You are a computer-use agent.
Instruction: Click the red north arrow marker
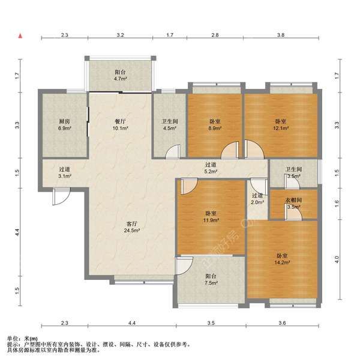click(x=20, y=36)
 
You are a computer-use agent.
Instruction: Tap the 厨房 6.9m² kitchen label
click(x=64, y=124)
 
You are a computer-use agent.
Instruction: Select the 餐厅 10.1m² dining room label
click(x=121, y=124)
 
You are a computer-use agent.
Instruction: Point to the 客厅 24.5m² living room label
click(x=131, y=227)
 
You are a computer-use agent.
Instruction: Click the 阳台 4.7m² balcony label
click(x=121, y=76)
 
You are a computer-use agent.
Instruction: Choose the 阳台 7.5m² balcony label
click(x=211, y=279)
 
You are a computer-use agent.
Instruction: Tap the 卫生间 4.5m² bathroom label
click(x=170, y=124)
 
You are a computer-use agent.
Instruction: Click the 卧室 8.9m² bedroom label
click(x=215, y=124)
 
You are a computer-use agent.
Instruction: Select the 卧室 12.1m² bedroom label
click(x=281, y=124)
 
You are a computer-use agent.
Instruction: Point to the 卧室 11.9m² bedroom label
click(x=211, y=216)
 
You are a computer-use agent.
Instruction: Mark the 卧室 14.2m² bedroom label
click(x=282, y=259)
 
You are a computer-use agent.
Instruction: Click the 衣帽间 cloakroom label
click(x=293, y=200)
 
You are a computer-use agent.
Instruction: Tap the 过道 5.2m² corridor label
click(x=211, y=168)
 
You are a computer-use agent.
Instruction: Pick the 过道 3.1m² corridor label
click(x=64, y=172)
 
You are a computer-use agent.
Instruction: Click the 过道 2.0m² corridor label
click(x=257, y=199)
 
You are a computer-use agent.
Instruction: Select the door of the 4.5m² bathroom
click(x=173, y=151)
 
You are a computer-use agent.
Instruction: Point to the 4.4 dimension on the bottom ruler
click(x=132, y=323)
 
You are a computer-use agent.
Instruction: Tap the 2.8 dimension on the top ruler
click(x=215, y=35)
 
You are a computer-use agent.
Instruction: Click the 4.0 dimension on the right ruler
click(x=337, y=259)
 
